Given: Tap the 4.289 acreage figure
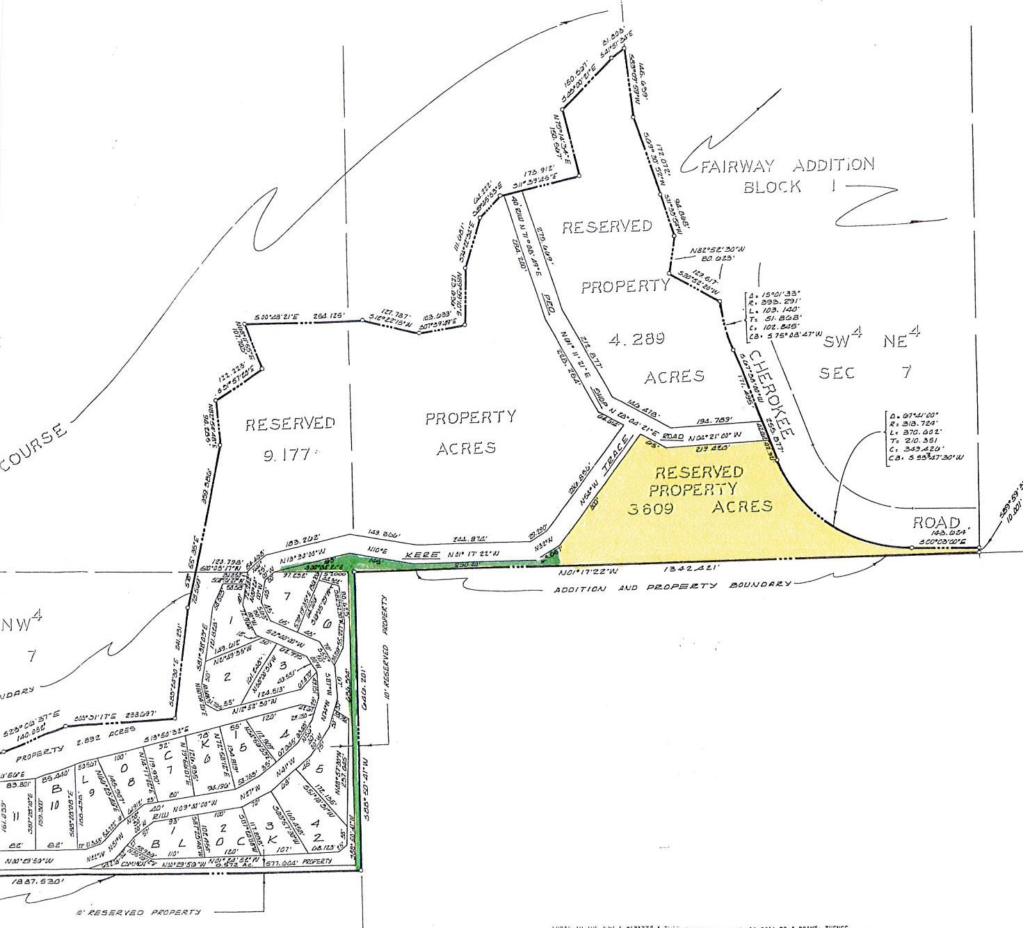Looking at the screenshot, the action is pos(637,339).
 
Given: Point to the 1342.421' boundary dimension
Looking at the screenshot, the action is pos(695,568).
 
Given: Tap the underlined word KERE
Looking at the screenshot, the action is pos(422,554).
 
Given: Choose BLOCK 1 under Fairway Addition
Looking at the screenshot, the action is pos(772,186).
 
